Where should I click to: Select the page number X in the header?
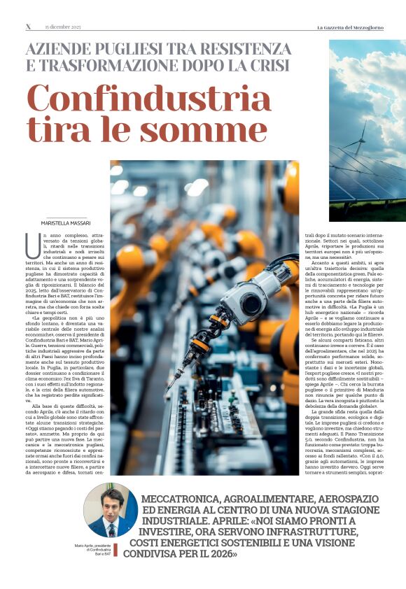coord(28,27)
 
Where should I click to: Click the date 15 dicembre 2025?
coord(64,27)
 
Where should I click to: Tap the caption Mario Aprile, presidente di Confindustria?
coord(95,548)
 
